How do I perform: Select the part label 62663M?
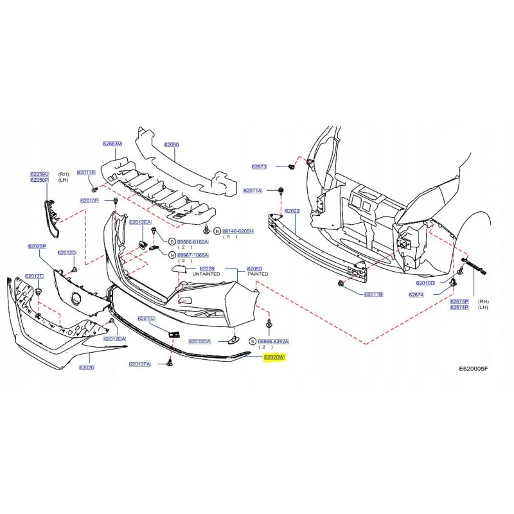(112, 145)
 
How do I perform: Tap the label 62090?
(171, 145)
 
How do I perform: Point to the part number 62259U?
(39, 174)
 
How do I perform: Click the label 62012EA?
(139, 222)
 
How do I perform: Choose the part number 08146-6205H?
(238, 231)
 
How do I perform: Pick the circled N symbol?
(172, 255)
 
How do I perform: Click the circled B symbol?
(217, 231)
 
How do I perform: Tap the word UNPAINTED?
(206, 274)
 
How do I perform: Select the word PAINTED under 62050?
(256, 274)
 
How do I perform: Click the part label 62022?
(292, 211)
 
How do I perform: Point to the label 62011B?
(373, 294)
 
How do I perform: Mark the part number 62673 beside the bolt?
(259, 166)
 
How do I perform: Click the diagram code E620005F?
(474, 369)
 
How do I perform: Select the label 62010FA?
(139, 364)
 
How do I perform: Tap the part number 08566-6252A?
(274, 342)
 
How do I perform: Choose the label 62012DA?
(115, 339)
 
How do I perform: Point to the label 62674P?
(459, 308)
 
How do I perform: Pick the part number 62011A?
(253, 191)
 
